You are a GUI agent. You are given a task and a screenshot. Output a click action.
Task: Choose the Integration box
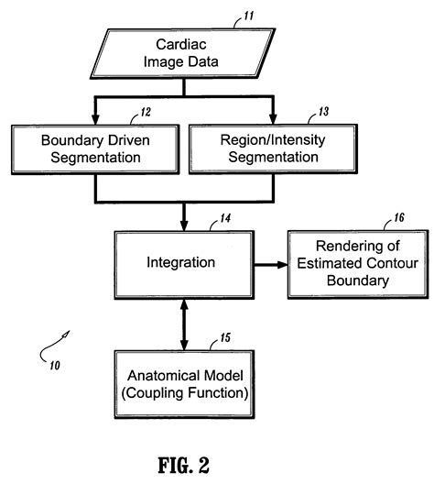pos(181,263)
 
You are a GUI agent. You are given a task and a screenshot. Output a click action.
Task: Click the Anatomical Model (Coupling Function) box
pos(181,382)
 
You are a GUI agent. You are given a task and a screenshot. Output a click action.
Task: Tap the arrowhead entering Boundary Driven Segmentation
pos(96,122)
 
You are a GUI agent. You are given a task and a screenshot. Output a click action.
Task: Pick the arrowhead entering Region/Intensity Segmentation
pos(272,122)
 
